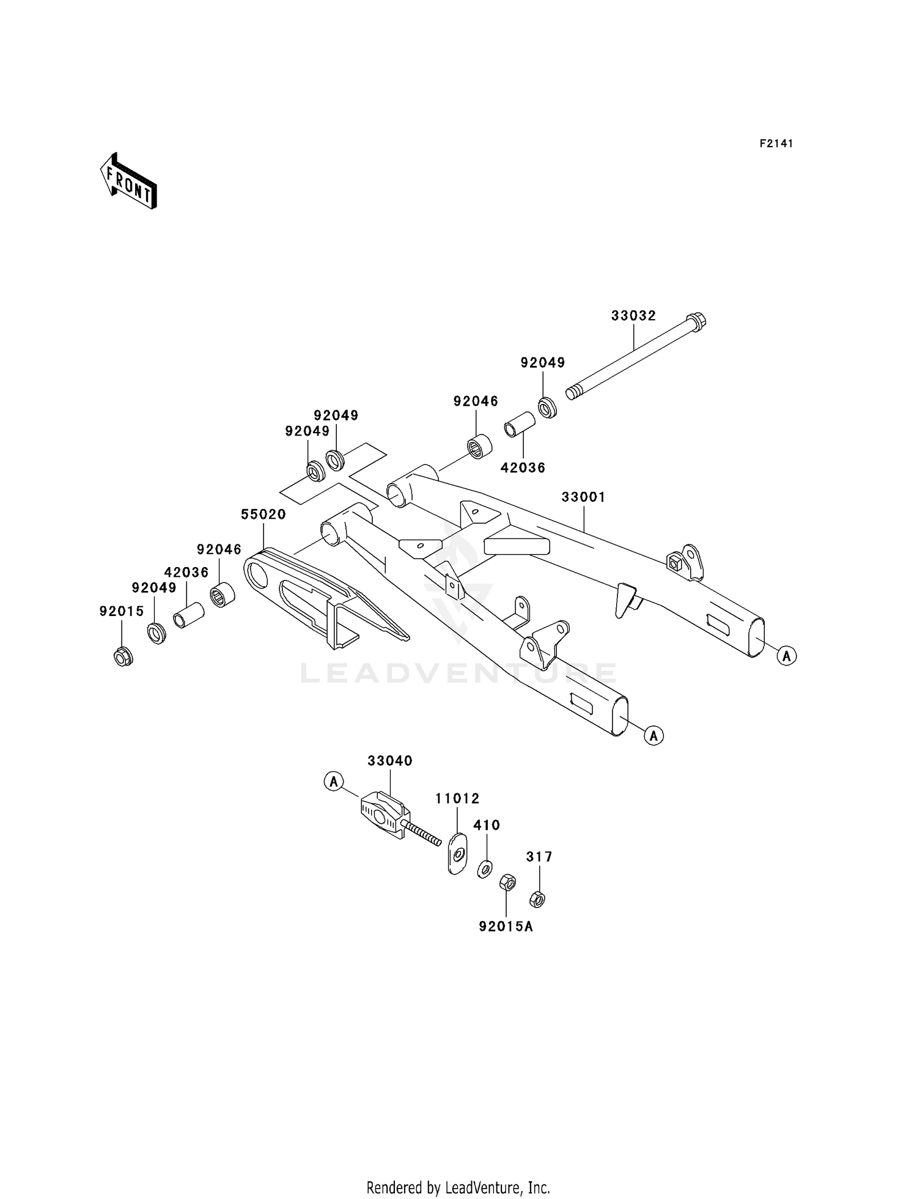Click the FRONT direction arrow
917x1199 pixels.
(x=129, y=182)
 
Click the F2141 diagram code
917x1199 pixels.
(x=776, y=144)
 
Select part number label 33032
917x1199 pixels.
(x=633, y=316)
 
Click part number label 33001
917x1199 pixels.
(x=583, y=497)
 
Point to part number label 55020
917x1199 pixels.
(x=263, y=515)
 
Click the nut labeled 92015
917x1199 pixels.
(x=123, y=657)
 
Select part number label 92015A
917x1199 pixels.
(x=506, y=926)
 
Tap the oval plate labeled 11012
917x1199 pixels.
(x=457, y=853)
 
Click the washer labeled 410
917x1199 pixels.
(x=485, y=868)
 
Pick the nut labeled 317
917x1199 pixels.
(x=537, y=899)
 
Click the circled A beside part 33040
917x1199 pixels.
(x=334, y=781)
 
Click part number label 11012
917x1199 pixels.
(x=457, y=799)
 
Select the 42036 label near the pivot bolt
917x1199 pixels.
(x=523, y=468)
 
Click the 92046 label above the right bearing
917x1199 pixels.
(x=476, y=402)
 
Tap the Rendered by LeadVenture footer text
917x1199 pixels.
(x=458, y=1187)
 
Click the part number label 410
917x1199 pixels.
(x=487, y=825)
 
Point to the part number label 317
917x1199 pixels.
(x=539, y=857)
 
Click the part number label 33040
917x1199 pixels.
(x=390, y=761)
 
